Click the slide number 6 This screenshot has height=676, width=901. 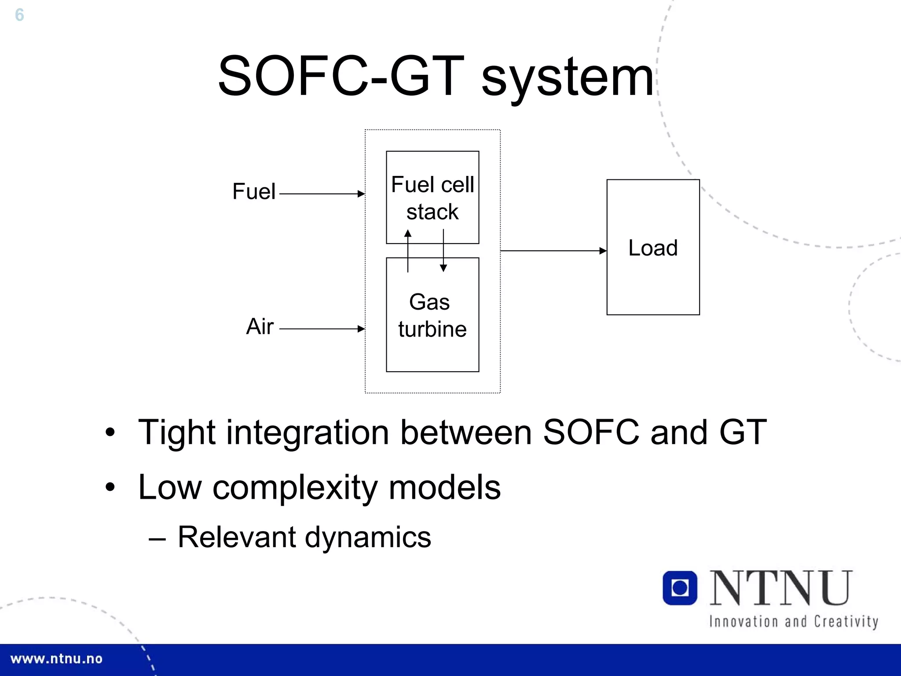point(19,15)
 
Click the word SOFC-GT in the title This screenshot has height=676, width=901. point(341,76)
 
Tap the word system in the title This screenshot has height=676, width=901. point(568,78)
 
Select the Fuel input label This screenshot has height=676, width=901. point(254,192)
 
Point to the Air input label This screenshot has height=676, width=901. point(260,327)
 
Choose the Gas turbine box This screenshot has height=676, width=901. point(432,325)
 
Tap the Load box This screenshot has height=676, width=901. point(653,247)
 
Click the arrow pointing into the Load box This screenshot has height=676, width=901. point(553,251)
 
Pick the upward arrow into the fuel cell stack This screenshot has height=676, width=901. point(408,251)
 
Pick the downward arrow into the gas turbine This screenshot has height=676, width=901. point(443,251)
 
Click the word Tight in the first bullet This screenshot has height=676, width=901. point(176,433)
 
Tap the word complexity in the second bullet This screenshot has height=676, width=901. point(295,488)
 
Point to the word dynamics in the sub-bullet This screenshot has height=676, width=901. point(368,537)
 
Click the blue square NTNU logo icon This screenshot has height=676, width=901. point(680,588)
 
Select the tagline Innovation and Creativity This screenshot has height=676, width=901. point(794,621)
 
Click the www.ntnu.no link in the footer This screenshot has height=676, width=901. point(56,659)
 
